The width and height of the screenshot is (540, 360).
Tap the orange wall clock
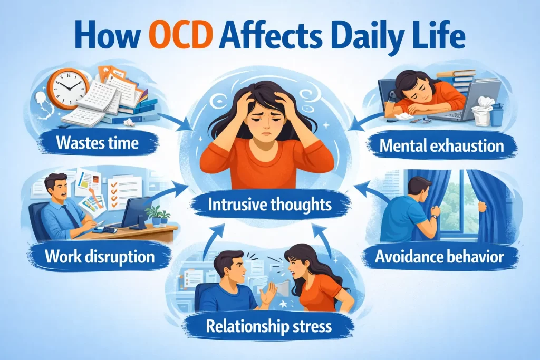68,89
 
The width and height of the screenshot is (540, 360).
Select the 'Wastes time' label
98,142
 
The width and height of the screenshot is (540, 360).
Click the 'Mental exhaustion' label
441,146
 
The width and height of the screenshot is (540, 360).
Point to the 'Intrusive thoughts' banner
269,205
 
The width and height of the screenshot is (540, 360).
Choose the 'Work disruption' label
100,256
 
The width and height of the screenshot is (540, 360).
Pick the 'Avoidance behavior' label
439,257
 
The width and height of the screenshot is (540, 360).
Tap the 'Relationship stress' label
268,325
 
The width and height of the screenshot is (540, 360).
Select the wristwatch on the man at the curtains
435,217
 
